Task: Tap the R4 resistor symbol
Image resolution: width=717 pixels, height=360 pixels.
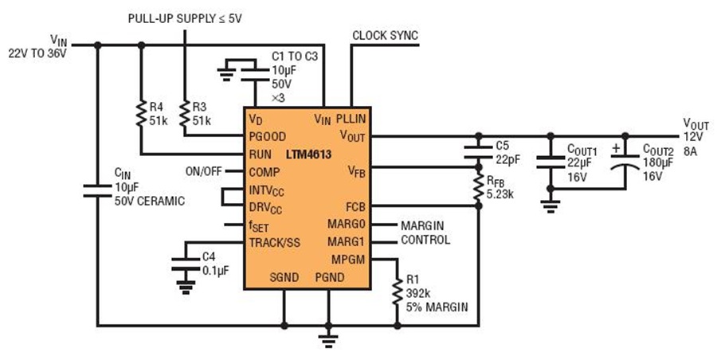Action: [x=140, y=114]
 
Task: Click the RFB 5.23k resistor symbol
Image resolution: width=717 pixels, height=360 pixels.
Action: [x=478, y=185]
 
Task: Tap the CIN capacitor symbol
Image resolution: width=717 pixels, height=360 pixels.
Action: [x=97, y=190]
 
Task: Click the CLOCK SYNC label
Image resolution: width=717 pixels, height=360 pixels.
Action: [x=385, y=36]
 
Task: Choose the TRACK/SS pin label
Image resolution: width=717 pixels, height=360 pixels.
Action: [x=275, y=242]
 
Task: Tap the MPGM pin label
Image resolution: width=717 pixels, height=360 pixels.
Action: [x=348, y=259]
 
